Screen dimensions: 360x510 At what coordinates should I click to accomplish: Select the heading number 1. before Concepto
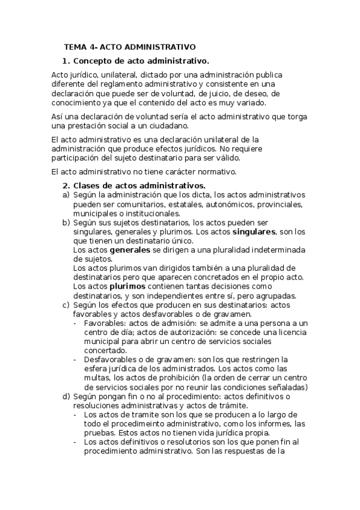pos(67,61)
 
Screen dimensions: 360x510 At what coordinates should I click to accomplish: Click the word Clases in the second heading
pos(88,185)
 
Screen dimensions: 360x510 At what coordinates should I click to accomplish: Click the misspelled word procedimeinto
pos(126,424)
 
